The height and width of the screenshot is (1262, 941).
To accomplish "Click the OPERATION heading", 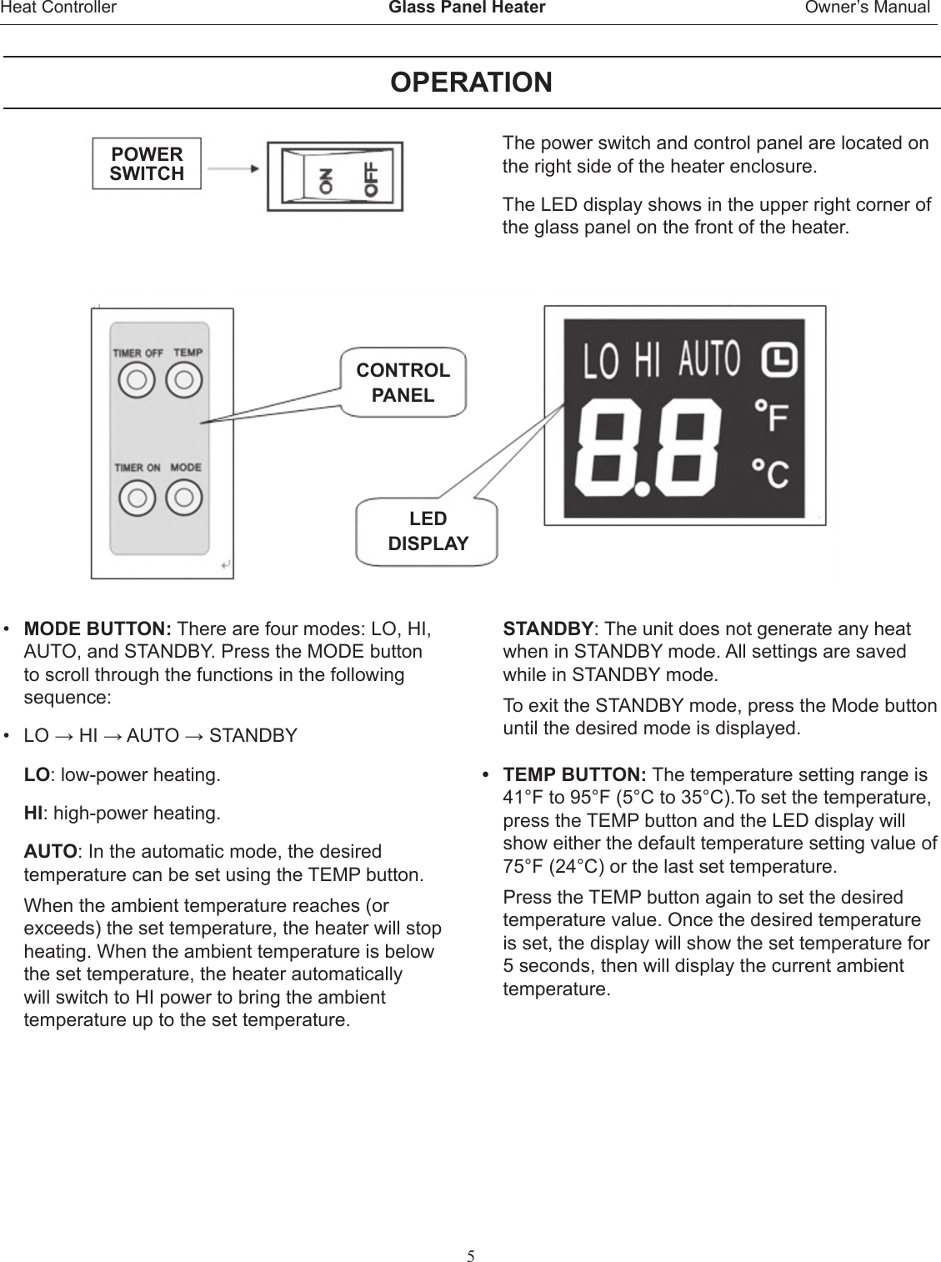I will click(471, 83).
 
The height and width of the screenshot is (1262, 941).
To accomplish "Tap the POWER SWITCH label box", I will click(147, 164).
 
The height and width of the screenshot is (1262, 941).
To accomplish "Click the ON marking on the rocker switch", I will click(324, 178).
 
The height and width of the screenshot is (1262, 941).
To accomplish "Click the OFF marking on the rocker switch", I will click(369, 178).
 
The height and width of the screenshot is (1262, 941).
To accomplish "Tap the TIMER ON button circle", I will click(137, 498).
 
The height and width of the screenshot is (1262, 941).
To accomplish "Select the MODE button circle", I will click(184, 498).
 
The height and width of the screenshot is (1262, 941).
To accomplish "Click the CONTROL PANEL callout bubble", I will click(403, 383).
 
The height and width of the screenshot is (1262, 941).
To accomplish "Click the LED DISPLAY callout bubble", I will click(428, 531).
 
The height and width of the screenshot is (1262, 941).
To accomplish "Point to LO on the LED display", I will click(600, 363).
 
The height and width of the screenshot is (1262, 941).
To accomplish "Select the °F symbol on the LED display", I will click(771, 417).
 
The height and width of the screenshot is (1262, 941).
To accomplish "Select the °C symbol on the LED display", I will click(771, 473).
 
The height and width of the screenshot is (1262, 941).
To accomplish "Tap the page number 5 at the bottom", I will click(471, 1233).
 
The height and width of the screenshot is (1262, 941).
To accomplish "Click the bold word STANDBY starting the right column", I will click(548, 628).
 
